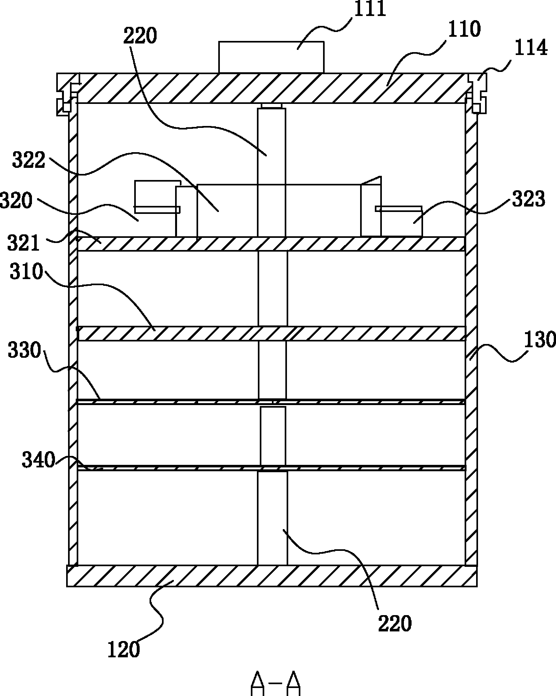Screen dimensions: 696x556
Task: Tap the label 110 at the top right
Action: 464,29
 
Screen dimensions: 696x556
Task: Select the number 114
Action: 530,48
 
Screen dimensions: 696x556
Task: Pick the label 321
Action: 23,243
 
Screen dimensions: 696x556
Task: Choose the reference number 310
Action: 27,271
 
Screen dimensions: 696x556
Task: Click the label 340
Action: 38,460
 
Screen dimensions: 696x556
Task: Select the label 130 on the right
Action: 539,340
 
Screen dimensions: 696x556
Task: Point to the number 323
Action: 529,199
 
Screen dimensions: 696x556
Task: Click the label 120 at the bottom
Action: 124,650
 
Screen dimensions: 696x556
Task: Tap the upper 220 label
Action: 140,35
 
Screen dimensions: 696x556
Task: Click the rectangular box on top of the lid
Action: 271,57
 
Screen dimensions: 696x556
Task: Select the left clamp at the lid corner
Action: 67,94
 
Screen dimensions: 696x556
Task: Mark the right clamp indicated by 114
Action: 477,94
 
